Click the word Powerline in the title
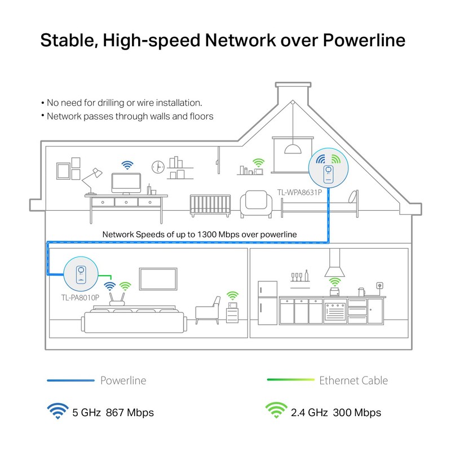click(x=364, y=40)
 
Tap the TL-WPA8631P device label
click(x=299, y=192)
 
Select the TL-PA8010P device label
click(x=80, y=298)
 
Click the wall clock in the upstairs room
click(x=158, y=167)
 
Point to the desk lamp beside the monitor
click(x=92, y=181)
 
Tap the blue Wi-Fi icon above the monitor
click(x=127, y=165)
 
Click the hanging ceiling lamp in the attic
click(x=293, y=149)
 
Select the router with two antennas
click(x=117, y=299)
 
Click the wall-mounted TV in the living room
click(x=158, y=278)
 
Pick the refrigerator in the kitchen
click(x=267, y=303)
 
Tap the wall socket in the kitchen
click(x=380, y=286)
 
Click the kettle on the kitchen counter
click(x=361, y=292)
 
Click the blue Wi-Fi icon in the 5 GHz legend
click(x=58, y=411)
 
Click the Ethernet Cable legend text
click(x=353, y=381)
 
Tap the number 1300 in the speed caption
click(x=207, y=235)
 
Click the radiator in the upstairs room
click(x=210, y=205)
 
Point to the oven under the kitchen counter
click(x=335, y=311)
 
